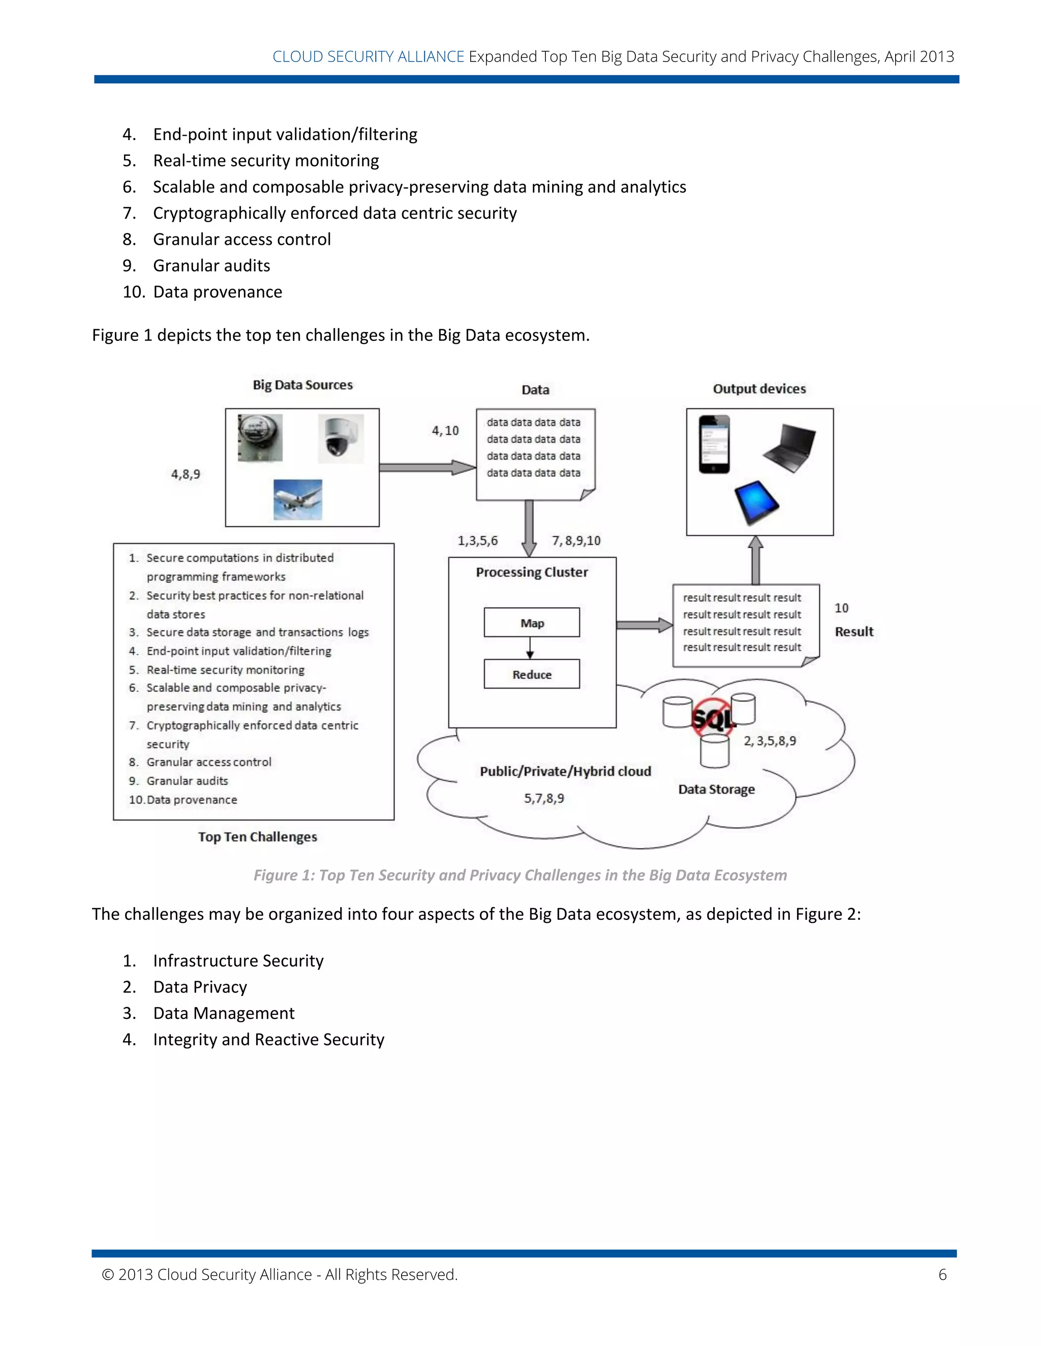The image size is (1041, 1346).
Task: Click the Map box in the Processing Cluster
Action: [532, 623]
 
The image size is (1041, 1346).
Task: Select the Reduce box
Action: [532, 674]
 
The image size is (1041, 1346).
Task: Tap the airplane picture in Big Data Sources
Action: [298, 499]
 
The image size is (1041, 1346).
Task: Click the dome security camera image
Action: [341, 438]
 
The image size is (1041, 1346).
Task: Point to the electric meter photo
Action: [260, 437]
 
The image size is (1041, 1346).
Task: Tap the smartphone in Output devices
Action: [714, 444]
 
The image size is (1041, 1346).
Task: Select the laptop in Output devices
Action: [790, 447]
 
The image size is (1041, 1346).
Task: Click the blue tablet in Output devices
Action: [757, 502]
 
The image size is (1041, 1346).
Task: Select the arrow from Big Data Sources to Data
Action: [427, 467]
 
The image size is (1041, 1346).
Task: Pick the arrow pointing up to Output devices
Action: [755, 560]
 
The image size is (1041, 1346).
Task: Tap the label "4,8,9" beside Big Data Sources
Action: [186, 474]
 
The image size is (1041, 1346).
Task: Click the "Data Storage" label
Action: [716, 789]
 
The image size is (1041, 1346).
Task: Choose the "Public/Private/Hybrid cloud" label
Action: [565, 771]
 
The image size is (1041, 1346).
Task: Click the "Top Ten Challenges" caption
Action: [257, 837]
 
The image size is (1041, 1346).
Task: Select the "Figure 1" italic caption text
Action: [520, 875]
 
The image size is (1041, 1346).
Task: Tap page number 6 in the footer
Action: [942, 1274]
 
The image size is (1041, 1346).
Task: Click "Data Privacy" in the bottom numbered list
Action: [200, 987]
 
